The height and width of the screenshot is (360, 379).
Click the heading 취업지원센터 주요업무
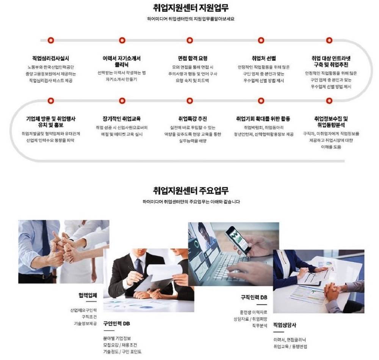tap(191, 190)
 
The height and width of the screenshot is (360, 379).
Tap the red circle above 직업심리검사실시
tap(51, 40)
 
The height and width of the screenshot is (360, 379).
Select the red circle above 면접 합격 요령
tap(189, 40)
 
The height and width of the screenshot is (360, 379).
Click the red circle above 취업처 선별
tap(261, 40)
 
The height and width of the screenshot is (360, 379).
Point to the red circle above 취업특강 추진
tap(189, 101)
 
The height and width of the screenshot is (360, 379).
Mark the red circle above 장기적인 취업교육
tap(122, 101)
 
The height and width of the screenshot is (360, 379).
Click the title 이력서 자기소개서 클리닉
tap(122, 61)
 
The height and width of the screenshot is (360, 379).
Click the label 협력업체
tap(88, 295)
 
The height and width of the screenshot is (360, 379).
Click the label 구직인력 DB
tap(254, 297)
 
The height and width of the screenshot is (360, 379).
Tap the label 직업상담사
tap(285, 325)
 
